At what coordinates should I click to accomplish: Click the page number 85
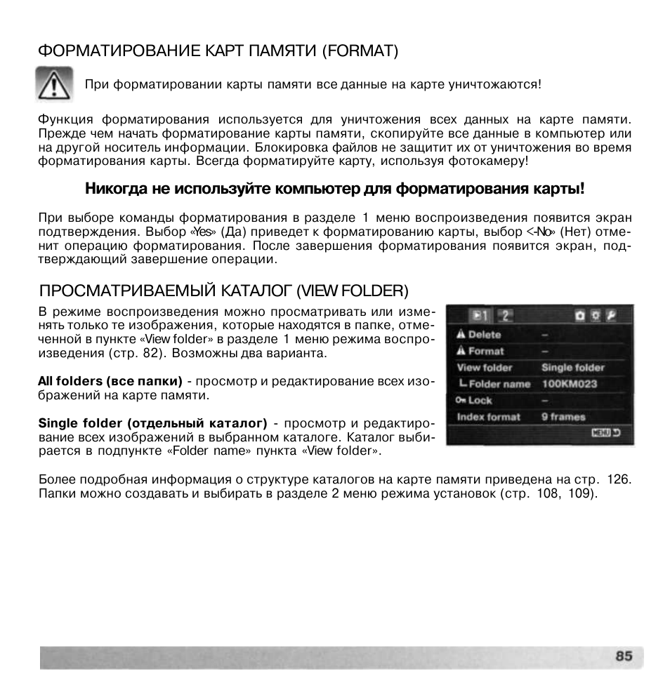point(624,656)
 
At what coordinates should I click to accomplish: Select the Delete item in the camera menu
point(484,335)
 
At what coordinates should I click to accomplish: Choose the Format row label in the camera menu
point(485,351)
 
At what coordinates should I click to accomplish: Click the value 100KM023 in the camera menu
point(570,384)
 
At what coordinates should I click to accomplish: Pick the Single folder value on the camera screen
point(572,367)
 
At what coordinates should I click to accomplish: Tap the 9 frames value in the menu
point(563,417)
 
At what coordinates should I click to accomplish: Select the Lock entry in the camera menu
point(480,400)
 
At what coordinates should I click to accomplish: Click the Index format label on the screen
point(488,417)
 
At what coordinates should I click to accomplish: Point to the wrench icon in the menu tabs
point(611,316)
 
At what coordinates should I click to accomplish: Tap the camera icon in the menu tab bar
point(580,316)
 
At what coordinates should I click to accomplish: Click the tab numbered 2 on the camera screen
point(506,316)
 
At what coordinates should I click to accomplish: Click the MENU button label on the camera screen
point(600,433)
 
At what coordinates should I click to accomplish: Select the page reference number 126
point(618,479)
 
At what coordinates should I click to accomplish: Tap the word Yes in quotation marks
point(202,231)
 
